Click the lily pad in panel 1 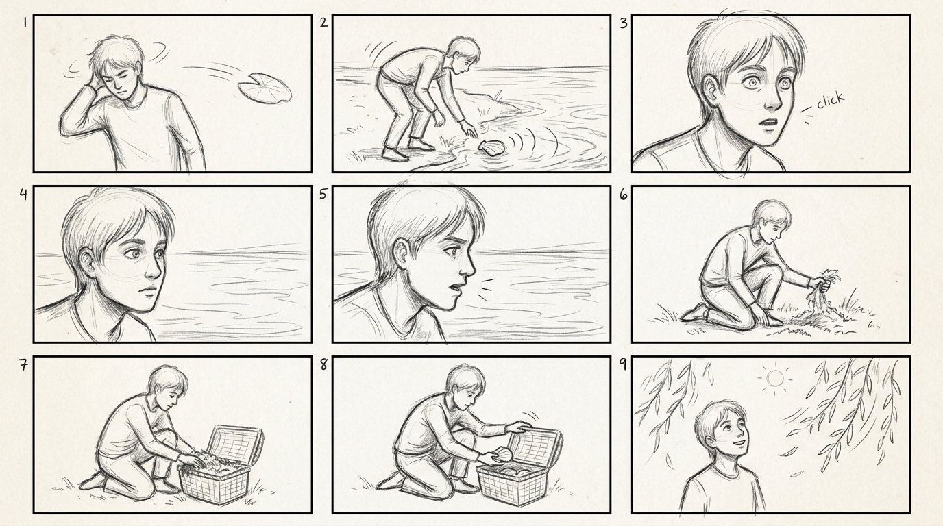coord(265,88)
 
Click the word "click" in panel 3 coord(830,100)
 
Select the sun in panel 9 coord(775,378)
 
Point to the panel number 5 coord(323,194)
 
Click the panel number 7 coord(23,365)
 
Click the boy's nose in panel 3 coord(774,101)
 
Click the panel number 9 coord(623,364)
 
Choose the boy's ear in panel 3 coord(712,93)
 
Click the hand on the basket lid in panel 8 coord(519,427)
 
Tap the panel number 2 coord(323,23)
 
